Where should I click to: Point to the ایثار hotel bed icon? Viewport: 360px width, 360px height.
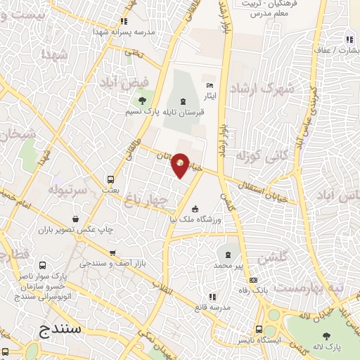[209, 84]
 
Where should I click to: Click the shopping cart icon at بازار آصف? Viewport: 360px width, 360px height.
[112, 253]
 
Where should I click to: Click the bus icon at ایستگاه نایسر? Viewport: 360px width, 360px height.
[259, 330]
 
